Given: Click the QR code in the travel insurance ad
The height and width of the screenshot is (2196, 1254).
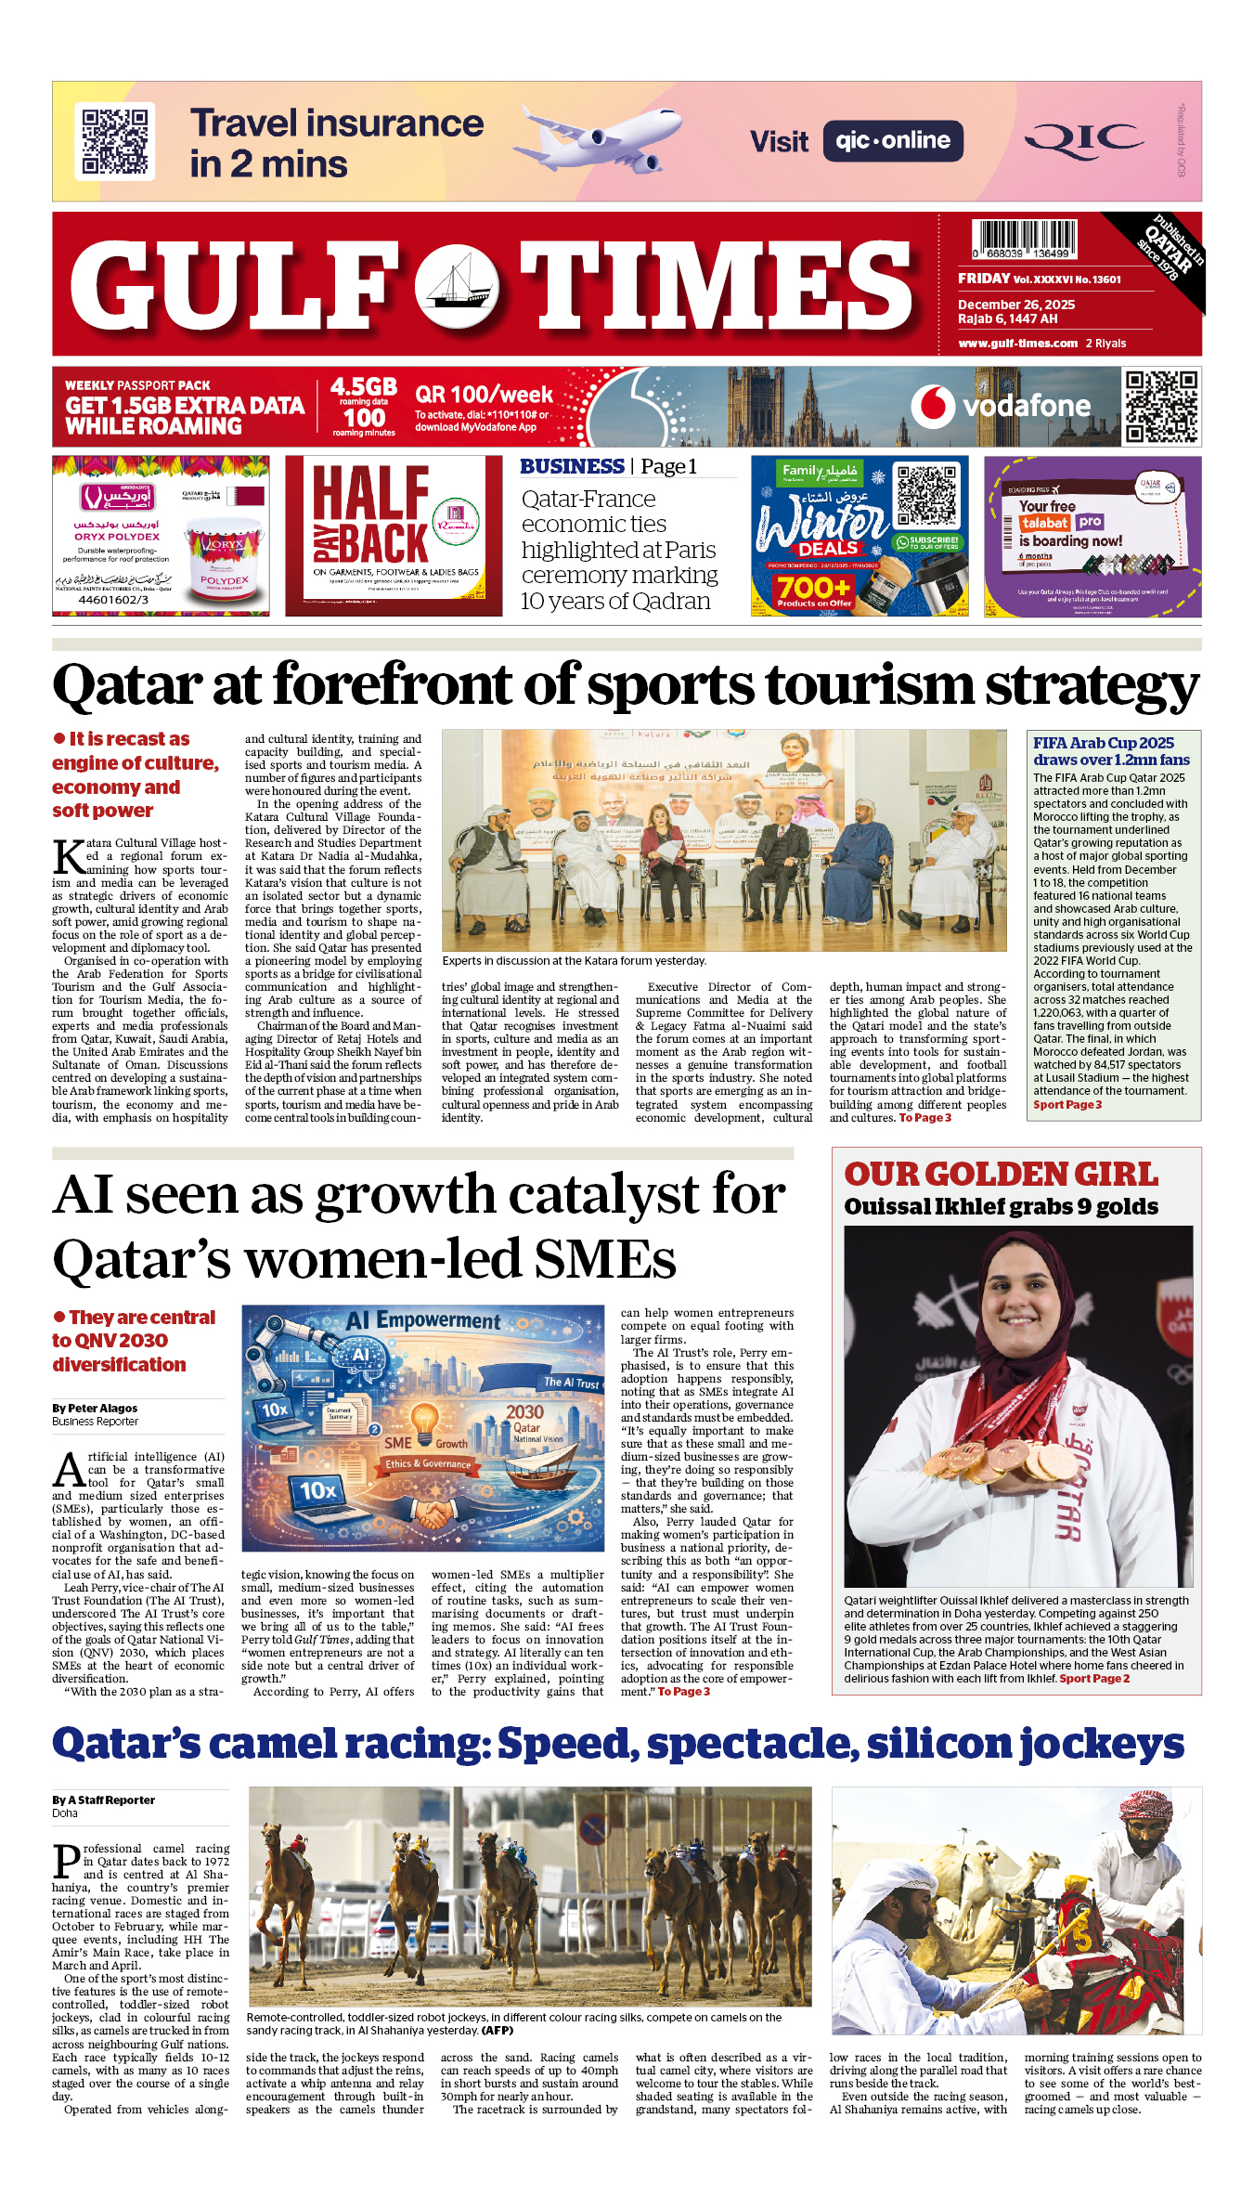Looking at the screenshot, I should click(x=115, y=141).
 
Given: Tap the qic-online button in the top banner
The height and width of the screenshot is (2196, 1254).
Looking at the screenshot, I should click(x=892, y=141).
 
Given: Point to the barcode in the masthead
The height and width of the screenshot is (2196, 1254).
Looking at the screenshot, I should click(x=1024, y=239).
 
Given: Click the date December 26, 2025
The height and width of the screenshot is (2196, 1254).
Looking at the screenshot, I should click(x=1016, y=305).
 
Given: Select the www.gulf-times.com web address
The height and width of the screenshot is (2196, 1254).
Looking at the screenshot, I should click(x=1017, y=344).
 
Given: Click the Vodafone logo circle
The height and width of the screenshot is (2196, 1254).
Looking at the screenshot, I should click(x=932, y=407).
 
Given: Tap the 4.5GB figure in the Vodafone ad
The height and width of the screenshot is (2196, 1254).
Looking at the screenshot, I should click(x=363, y=386).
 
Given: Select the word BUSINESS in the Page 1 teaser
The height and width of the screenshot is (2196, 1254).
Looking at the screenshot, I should click(x=572, y=466).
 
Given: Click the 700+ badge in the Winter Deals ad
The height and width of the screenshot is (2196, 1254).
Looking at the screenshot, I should click(x=813, y=588).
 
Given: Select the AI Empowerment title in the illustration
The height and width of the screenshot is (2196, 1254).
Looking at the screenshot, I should click(x=422, y=1320).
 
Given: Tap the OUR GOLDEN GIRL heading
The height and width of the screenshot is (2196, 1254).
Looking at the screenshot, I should click(x=1001, y=1175).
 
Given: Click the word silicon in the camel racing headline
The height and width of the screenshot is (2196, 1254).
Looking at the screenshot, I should click(x=941, y=1744).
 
